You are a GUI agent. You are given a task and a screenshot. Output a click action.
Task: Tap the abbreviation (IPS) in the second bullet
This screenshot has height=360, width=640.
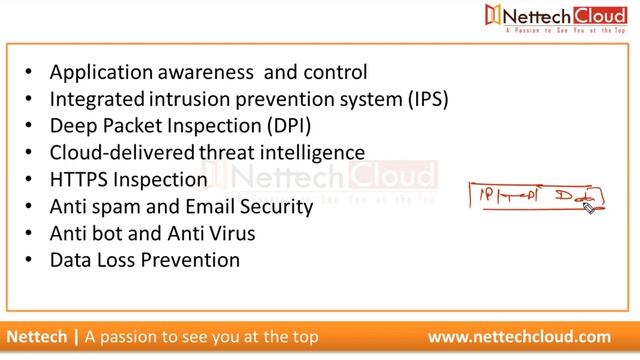click(x=424, y=100)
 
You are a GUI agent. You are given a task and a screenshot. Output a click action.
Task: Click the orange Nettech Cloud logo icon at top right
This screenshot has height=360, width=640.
click(x=492, y=15)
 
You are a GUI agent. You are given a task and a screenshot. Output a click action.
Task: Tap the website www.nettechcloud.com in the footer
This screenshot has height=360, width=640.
click(x=519, y=337)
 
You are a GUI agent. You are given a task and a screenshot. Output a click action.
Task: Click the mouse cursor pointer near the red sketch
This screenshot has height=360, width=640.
click(x=588, y=207)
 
